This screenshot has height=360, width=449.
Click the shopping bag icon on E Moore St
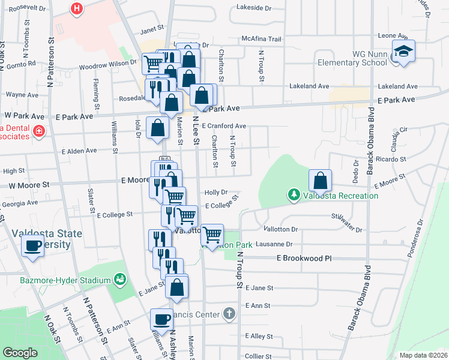[321, 180]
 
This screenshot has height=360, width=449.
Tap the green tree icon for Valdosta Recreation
[294, 194]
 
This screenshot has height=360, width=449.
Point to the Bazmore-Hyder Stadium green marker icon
[120, 279]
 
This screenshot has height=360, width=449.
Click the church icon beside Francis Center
[229, 313]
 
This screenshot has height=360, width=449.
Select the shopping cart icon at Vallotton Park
[212, 235]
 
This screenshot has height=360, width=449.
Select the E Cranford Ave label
[224, 126]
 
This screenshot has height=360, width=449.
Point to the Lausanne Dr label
[273, 244]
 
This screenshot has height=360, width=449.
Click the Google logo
[20, 353]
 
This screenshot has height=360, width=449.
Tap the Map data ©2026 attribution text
[423, 355]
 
